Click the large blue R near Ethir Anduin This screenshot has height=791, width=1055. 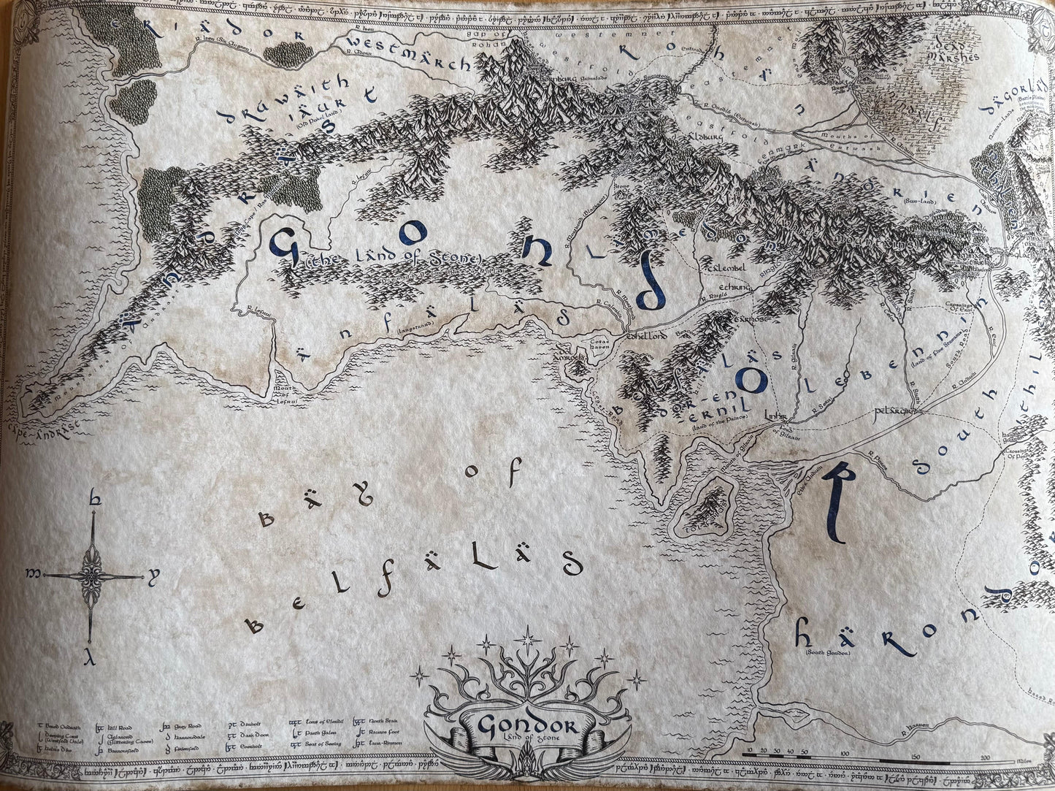click(x=833, y=503)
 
